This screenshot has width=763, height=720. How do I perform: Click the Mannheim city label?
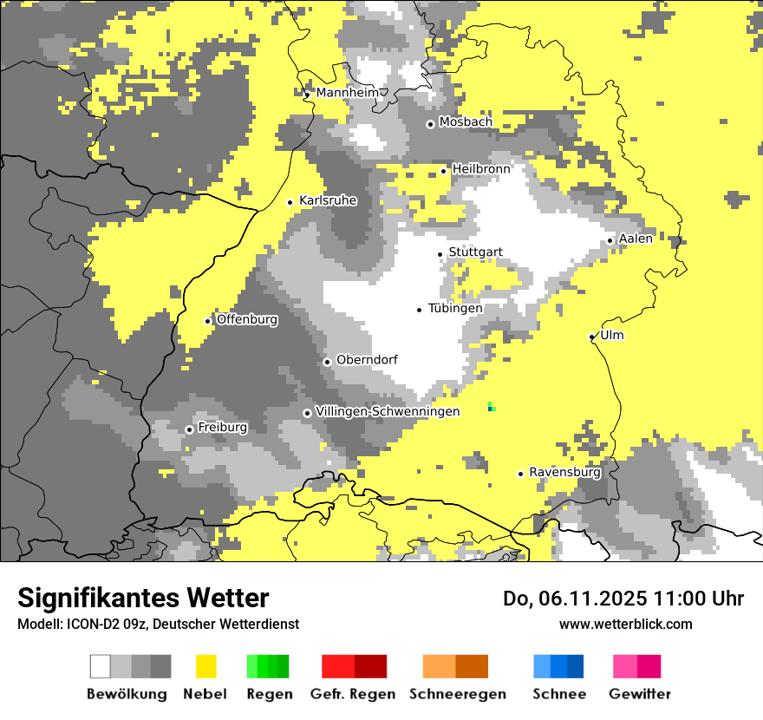347,93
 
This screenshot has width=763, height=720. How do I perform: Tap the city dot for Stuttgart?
440,254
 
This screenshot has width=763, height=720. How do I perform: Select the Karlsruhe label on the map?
328,200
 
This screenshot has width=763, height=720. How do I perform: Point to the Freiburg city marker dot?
189,429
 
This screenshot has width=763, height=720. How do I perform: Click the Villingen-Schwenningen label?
388,411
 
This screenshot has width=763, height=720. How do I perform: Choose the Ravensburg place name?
564,473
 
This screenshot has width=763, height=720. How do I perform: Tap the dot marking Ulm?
591,337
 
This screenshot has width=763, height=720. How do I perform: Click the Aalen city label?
636,239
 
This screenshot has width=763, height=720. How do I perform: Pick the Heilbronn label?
481,168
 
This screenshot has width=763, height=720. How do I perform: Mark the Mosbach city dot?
430,124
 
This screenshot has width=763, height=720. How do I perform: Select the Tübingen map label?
455,308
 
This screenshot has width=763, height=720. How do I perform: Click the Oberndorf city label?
367,360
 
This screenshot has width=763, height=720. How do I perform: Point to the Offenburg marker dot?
208,321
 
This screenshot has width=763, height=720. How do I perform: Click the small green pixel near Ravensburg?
491,406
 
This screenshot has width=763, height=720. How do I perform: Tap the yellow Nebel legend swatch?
205,666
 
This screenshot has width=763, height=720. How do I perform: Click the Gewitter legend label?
639,694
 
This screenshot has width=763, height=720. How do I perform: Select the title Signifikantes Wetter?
143,598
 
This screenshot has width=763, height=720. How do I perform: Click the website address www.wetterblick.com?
625,624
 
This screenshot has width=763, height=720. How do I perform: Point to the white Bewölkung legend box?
101,666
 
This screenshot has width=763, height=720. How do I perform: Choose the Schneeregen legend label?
457,694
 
